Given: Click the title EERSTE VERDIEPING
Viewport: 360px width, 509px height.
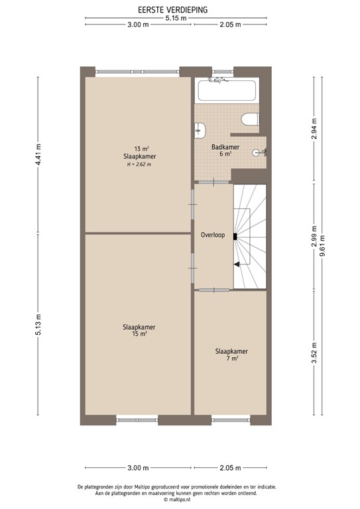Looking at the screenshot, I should click(x=172, y=10).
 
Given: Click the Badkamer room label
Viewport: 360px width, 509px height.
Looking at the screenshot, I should click(x=225, y=146).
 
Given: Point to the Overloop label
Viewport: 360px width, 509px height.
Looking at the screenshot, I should click(x=213, y=235).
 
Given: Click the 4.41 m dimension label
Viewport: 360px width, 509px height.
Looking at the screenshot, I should click(x=38, y=156).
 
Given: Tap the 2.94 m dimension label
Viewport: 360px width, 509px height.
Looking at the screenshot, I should click(x=314, y=128).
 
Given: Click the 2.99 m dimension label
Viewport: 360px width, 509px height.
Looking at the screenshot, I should click(x=314, y=237).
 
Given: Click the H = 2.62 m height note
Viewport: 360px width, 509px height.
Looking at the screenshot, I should click(x=139, y=164).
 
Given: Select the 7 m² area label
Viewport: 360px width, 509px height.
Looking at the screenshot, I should click(x=231, y=358).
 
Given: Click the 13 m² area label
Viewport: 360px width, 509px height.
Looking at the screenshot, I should click(x=140, y=148).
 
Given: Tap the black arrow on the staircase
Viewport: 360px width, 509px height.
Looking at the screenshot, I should click(x=237, y=264).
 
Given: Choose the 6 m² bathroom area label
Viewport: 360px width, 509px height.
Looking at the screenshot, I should click(x=225, y=154).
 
